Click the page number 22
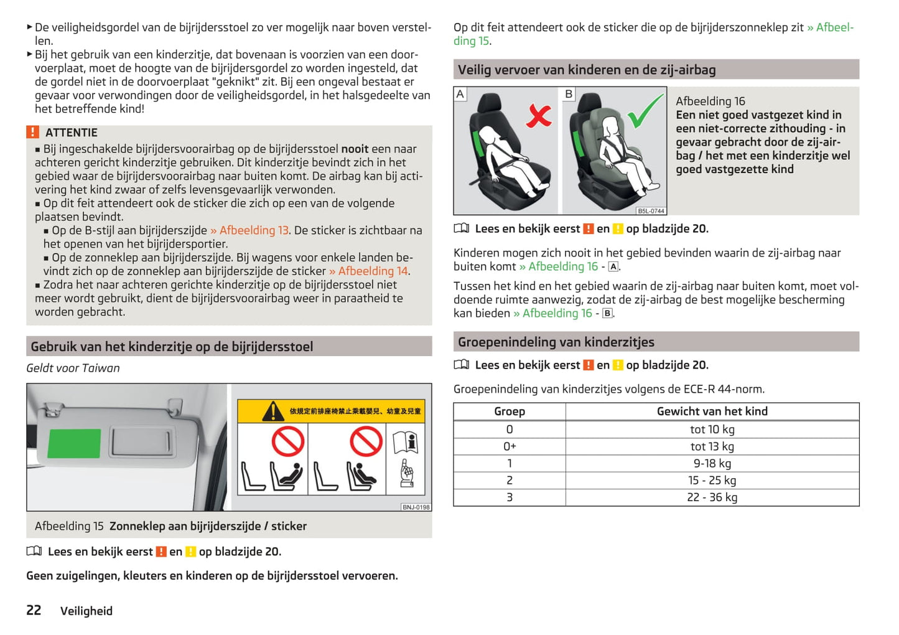pos(34,610)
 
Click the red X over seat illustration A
pos(539,115)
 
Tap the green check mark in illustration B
pos(645,111)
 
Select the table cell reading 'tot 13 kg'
pos(712,446)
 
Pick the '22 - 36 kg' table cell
pos(712,497)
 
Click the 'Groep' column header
pos(509,412)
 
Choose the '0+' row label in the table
pos(509,446)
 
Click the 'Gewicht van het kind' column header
pos(712,412)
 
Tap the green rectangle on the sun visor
pos(74,443)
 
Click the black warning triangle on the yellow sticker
pos(272,412)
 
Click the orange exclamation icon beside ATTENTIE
pos(32,132)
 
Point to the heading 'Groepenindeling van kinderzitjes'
pos(556,342)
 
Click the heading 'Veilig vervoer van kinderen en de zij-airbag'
pos(586,70)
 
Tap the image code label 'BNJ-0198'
pos(416,507)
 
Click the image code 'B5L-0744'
pos(651,211)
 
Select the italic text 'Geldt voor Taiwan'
pos(73,368)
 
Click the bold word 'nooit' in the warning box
pos(355,149)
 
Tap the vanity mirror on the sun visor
pos(141,441)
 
